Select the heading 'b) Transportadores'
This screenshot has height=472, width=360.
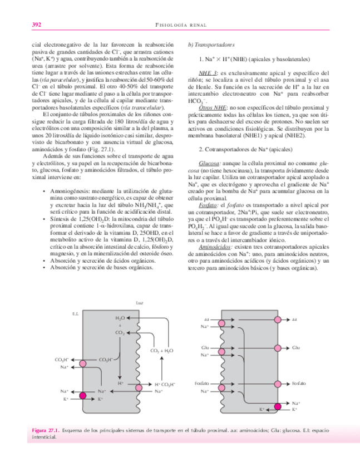[x=211, y=44]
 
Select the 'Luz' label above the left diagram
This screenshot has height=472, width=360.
[x=139, y=303]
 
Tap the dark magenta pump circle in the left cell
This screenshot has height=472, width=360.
[x=83, y=396]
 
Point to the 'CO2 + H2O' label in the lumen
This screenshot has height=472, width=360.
[x=161, y=351]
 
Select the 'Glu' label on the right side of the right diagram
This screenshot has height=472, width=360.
[x=295, y=348]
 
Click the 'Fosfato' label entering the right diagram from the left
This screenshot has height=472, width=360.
[x=202, y=384]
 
